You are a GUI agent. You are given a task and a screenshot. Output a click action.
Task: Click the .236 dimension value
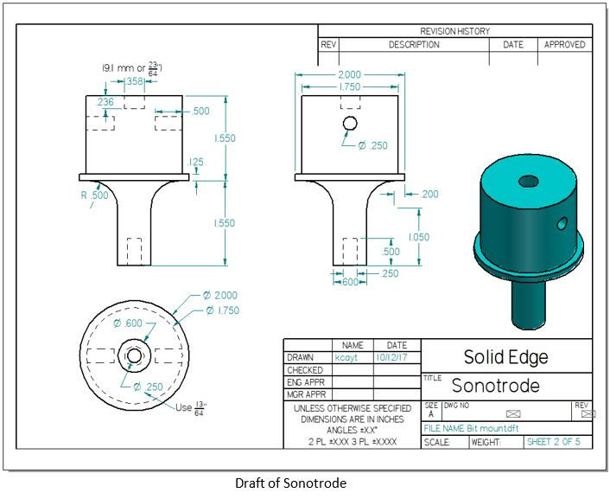(x=105, y=102)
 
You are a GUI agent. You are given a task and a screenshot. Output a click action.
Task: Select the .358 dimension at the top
(x=134, y=81)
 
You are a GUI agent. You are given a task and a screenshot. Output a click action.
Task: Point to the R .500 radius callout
(x=96, y=195)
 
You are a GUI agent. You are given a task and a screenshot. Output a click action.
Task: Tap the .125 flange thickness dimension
(x=196, y=162)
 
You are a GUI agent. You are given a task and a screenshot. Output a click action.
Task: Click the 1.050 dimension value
(x=419, y=237)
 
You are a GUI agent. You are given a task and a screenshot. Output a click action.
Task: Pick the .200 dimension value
(x=429, y=195)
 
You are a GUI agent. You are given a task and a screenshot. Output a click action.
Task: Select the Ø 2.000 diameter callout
(x=219, y=295)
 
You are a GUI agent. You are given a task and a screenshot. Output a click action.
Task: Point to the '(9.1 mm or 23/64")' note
(x=133, y=67)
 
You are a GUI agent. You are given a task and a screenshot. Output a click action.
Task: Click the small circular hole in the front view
(x=350, y=123)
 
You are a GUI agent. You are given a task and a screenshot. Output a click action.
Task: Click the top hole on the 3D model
(x=527, y=182)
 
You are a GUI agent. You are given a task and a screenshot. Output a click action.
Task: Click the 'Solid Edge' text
(x=505, y=357)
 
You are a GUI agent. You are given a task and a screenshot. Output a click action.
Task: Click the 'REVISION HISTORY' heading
(x=454, y=31)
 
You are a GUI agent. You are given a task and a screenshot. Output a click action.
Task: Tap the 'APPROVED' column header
(x=564, y=45)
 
